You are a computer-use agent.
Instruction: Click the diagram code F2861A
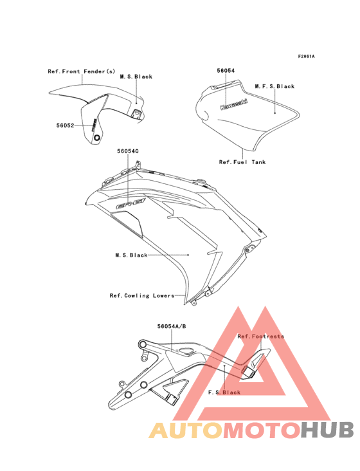pos(306,56)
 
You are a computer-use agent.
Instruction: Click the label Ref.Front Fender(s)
pos(81,71)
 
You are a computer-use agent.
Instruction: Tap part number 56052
pos(65,125)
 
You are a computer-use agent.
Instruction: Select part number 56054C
pos(128,151)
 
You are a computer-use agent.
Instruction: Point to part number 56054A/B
pos(172,326)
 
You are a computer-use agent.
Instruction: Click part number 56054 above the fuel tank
pos(226,71)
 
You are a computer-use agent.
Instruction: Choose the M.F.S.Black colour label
pos(274,86)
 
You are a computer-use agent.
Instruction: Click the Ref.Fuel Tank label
pos(242,162)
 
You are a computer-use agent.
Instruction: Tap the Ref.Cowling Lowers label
pos(142,295)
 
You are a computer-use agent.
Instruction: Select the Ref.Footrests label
pos(260,337)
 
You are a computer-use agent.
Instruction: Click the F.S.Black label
pos(224,392)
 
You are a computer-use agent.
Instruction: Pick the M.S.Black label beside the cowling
pos(131,255)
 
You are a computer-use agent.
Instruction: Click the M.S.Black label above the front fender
pos(136,77)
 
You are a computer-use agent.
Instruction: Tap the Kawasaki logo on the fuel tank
pos(234,104)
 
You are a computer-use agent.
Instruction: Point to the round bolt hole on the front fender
pos(97,138)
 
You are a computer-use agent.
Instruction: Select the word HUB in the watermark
pos(327,430)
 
